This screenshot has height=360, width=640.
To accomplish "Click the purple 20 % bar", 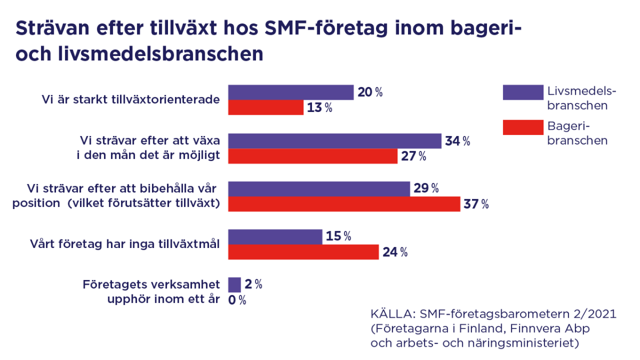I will pyautogui.click(x=291, y=92).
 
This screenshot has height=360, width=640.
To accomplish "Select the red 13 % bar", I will pyautogui.click(x=266, y=108).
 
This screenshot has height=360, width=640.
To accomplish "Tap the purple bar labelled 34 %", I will pyautogui.click(x=334, y=141).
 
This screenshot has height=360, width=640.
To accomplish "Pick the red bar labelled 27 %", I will pyautogui.click(x=313, y=156).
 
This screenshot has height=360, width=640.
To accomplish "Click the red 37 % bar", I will pyautogui.click(x=344, y=204).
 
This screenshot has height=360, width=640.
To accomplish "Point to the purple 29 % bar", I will pyautogui.click(x=319, y=188).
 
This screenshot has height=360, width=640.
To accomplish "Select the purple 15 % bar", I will pyautogui.click(x=275, y=236).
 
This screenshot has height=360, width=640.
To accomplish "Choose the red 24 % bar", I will pyautogui.click(x=303, y=252).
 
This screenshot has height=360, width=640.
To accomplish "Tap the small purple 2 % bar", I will pyautogui.click(x=234, y=284).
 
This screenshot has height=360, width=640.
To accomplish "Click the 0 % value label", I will pyautogui.click(x=237, y=300).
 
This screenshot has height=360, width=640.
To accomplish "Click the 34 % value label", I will pyautogui.click(x=458, y=141).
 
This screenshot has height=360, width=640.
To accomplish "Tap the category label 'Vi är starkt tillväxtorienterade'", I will pyautogui.click(x=131, y=100).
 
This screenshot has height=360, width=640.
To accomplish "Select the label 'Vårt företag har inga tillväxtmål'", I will pyautogui.click(x=124, y=244).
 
